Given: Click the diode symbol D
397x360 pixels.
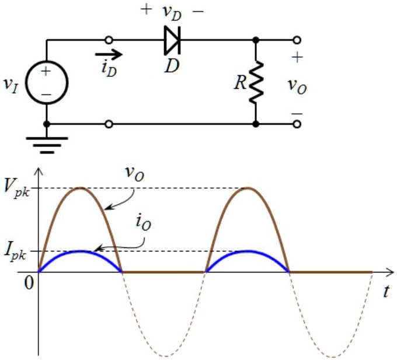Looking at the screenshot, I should [x=172, y=40].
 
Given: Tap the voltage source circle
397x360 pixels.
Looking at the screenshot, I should [x=47, y=82].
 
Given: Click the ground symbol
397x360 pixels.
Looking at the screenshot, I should [x=47, y=142].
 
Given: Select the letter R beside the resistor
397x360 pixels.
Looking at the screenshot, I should [x=239, y=82].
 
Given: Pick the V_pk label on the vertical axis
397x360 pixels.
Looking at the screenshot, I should [x=18, y=188].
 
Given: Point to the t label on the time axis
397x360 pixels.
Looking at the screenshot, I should [x=386, y=292].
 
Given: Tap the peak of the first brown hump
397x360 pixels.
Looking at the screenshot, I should [x=81, y=188].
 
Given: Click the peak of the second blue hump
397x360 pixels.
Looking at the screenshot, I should [x=248, y=251].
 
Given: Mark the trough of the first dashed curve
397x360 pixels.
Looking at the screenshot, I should [x=164, y=355].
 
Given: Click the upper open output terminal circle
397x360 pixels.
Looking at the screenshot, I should [x=298, y=40].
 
